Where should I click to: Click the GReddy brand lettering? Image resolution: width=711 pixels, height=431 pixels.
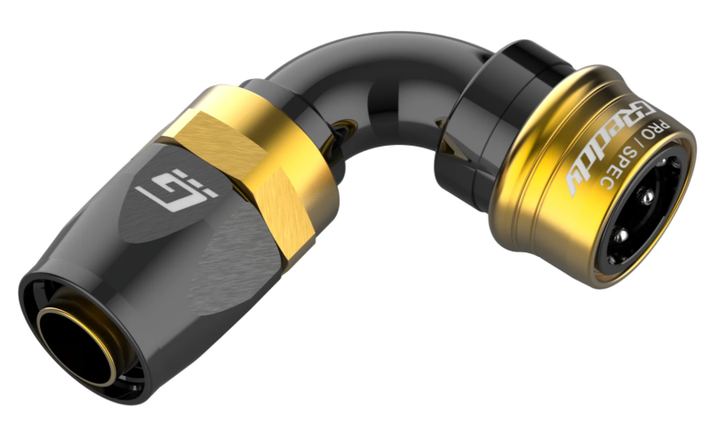pos(605,148)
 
